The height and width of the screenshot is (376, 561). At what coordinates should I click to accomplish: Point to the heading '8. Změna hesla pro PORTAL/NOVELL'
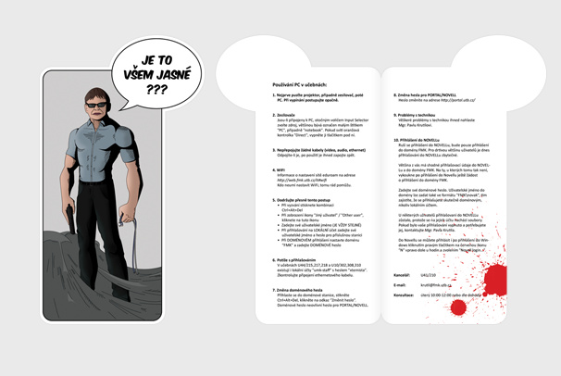click(x=424, y=95)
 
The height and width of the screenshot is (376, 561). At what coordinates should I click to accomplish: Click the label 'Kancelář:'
click(x=402, y=275)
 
